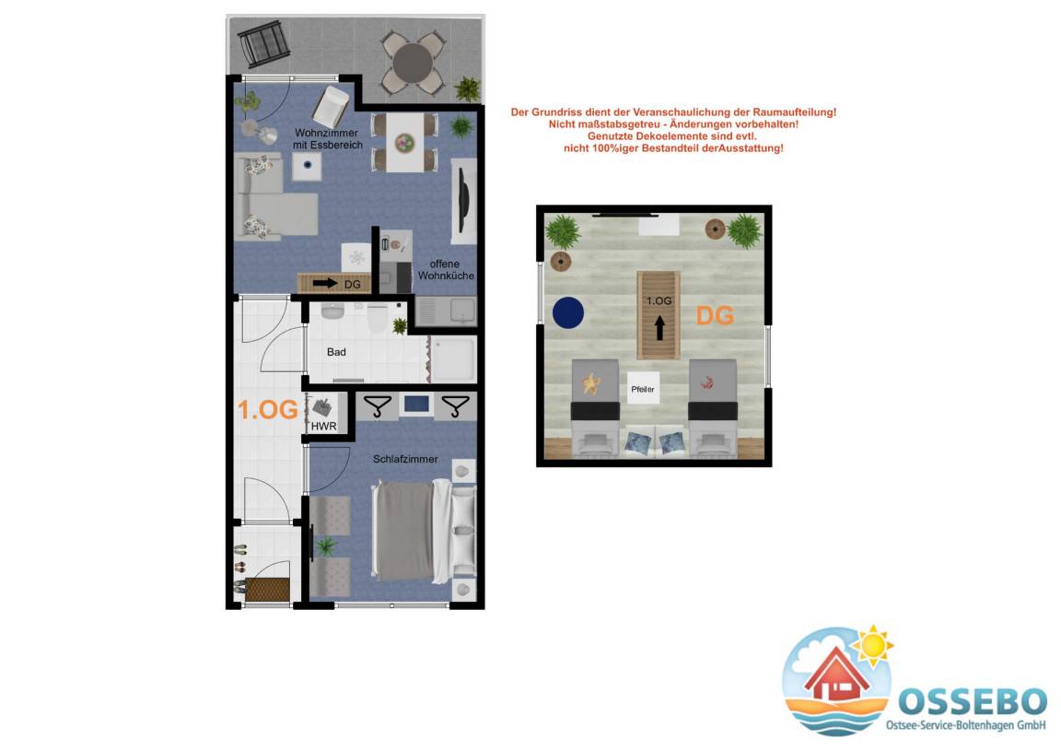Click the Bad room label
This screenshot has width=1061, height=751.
click(336, 352)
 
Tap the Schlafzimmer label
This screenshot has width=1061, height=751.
click(405, 459)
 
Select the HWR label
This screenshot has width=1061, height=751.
click(323, 426)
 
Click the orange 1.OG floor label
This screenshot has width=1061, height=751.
click(268, 410)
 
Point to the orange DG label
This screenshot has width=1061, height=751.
click(716, 315)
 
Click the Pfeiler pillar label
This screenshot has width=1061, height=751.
click(643, 390)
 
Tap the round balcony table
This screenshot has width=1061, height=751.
click(413, 63)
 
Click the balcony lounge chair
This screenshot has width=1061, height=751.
click(264, 43)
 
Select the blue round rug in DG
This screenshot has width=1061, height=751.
click(568, 313)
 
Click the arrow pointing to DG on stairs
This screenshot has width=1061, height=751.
click(325, 284)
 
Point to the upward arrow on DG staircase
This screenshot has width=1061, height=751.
click(659, 328)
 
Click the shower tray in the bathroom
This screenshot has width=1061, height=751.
click(453, 359)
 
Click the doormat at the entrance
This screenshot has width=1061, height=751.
click(267, 589)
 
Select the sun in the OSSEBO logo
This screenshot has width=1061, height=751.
click(873, 645)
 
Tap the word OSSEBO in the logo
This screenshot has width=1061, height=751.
click(973, 701)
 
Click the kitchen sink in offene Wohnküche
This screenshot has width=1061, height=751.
click(463, 311)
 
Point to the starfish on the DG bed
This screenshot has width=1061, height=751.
click(592, 383)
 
